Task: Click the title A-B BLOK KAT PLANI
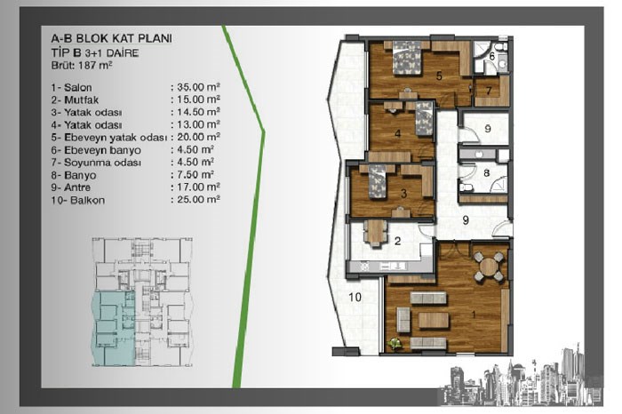point(111,38)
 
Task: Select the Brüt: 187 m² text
point(82,66)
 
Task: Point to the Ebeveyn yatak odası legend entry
point(108,138)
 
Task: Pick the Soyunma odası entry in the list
point(96,163)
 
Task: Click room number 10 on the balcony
point(355,297)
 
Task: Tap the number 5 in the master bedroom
point(439,76)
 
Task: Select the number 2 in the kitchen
point(397,240)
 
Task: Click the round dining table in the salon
point(489,267)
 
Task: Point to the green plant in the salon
point(395,344)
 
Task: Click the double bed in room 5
point(407,59)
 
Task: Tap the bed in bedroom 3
point(378,181)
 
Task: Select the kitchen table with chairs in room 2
point(375,233)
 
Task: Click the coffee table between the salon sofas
point(434,321)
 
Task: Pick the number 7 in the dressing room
point(489,91)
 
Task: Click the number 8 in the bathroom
point(486,173)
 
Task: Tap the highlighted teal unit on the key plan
point(113,329)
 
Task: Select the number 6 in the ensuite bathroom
point(492,56)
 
